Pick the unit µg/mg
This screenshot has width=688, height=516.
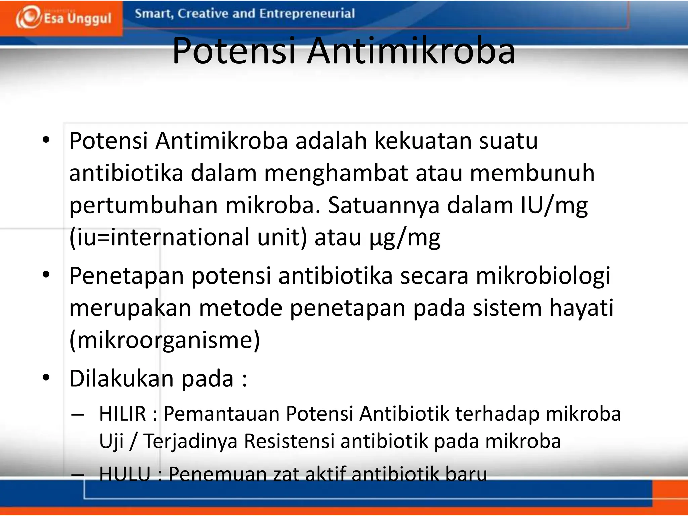404,238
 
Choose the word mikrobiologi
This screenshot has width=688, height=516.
543,275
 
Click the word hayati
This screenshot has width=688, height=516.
581,308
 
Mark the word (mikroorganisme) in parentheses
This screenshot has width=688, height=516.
165,340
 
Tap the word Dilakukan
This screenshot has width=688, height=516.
121,378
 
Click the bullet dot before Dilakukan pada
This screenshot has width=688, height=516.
46,378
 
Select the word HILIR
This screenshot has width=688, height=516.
123,414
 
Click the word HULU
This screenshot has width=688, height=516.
125,474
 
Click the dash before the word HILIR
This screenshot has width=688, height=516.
78,415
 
